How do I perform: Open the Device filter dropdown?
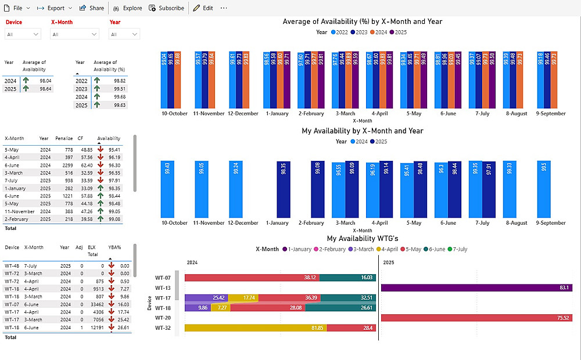[x=23, y=34]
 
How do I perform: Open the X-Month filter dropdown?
[x=74, y=34]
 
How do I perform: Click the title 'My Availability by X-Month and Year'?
[x=362, y=131]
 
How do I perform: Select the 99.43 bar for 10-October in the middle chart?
[x=167, y=189]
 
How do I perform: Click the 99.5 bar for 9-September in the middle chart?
[x=544, y=189]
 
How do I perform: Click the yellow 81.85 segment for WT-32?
[x=256, y=328]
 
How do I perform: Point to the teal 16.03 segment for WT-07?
[x=347, y=278]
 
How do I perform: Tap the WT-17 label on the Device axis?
[x=163, y=298]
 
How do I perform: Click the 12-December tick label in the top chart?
[x=243, y=114]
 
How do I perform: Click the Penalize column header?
[x=64, y=139]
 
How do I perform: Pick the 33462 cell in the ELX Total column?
[x=95, y=304]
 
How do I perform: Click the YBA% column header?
[x=114, y=247]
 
